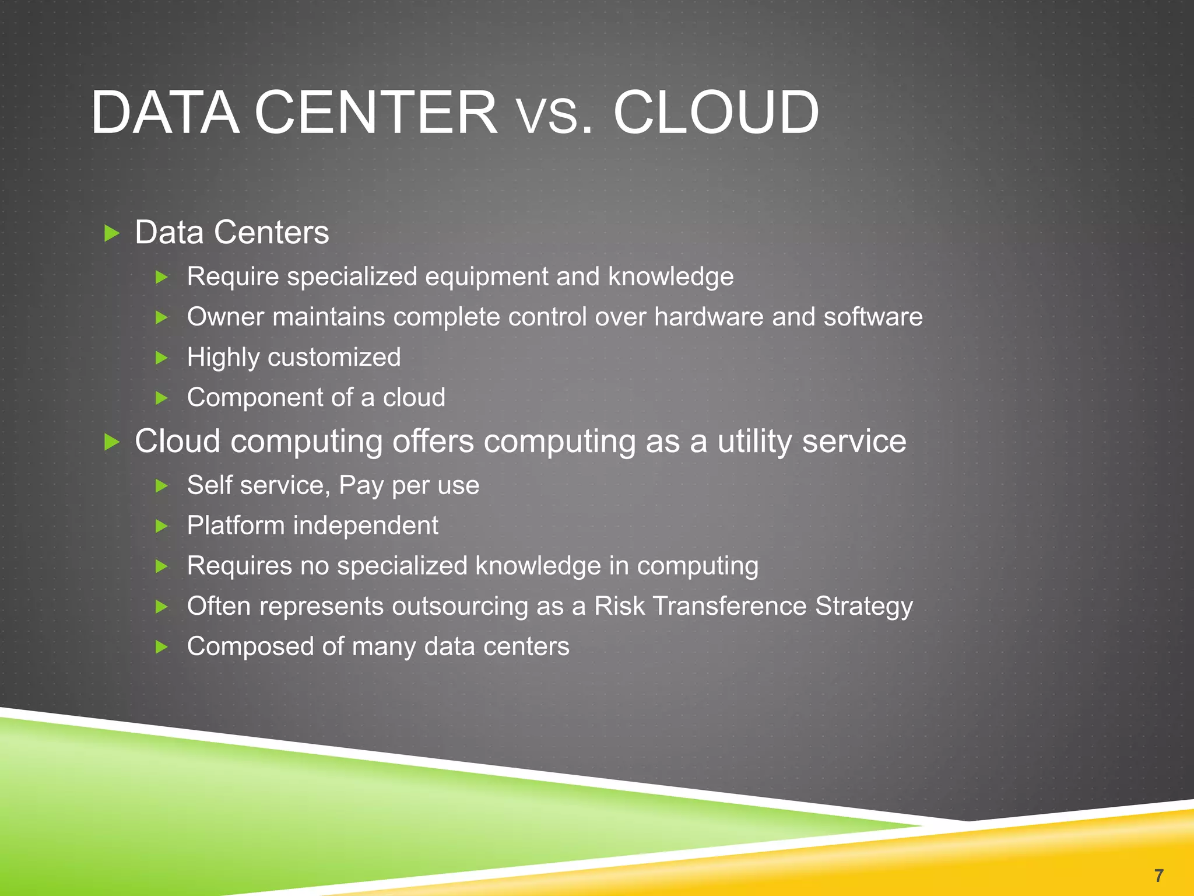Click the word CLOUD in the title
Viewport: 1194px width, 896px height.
715,112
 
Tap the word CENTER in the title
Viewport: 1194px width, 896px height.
375,112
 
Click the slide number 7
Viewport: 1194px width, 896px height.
1158,875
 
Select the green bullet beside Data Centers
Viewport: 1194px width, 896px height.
111,233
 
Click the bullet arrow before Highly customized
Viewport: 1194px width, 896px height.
162,358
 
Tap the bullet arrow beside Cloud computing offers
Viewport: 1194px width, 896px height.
111,442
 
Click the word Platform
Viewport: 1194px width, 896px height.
236,526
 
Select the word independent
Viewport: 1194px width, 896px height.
366,526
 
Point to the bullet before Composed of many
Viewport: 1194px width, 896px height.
162,646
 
